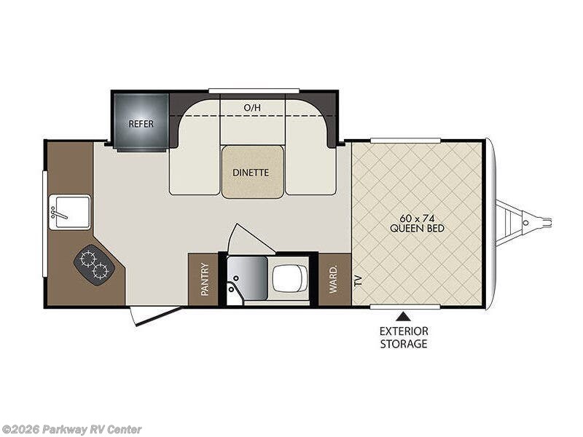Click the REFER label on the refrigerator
[x=141, y=123]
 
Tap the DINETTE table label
[x=251, y=173]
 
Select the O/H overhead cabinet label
[x=252, y=108]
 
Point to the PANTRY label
[x=205, y=280]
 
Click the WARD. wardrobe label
[x=333, y=279]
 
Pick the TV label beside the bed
[x=359, y=280]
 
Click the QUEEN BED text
[x=417, y=228]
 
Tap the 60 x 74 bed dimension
[x=417, y=218]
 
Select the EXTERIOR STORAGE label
[x=404, y=337]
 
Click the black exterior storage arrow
[x=402, y=317]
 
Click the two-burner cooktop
[x=92, y=265]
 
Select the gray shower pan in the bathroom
[x=247, y=279]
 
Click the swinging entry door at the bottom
[x=155, y=315]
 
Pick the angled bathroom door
[x=247, y=239]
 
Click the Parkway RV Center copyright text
[x=71, y=430]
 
